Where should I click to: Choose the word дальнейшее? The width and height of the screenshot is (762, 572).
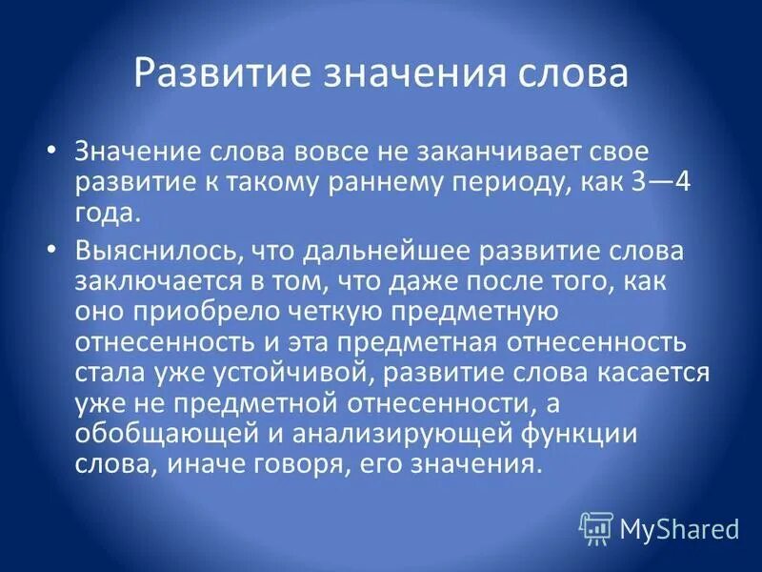(378, 252)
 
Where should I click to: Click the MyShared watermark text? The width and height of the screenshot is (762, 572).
(679, 526)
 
